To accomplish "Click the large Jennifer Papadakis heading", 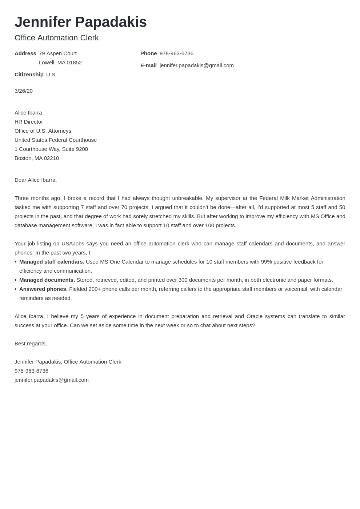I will (81, 22).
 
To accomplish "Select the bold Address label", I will (25, 53).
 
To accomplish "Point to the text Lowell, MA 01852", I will (60, 63).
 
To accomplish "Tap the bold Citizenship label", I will (29, 75).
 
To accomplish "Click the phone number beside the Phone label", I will (176, 53).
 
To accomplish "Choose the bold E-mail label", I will (148, 65).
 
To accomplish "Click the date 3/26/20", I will (24, 91).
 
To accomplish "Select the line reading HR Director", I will (29, 122).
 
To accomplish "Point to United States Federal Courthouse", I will (56, 140).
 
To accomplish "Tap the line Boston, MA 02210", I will (37, 158).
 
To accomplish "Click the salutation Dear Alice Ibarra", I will (36, 180).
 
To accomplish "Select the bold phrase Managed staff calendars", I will (52, 262).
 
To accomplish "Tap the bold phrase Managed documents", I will (47, 280).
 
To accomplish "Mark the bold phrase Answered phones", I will (43, 289).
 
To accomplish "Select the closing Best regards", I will (31, 344).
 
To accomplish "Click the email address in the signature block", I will (52, 380).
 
